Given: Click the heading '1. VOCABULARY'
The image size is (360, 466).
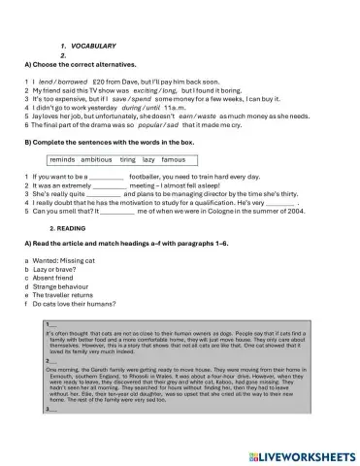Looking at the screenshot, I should (x=90, y=46).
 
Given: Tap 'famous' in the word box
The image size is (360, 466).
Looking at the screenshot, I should (x=173, y=158).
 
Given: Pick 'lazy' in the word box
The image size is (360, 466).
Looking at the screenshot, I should (x=147, y=158).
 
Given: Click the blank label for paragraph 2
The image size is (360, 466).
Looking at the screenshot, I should (x=51, y=361).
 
